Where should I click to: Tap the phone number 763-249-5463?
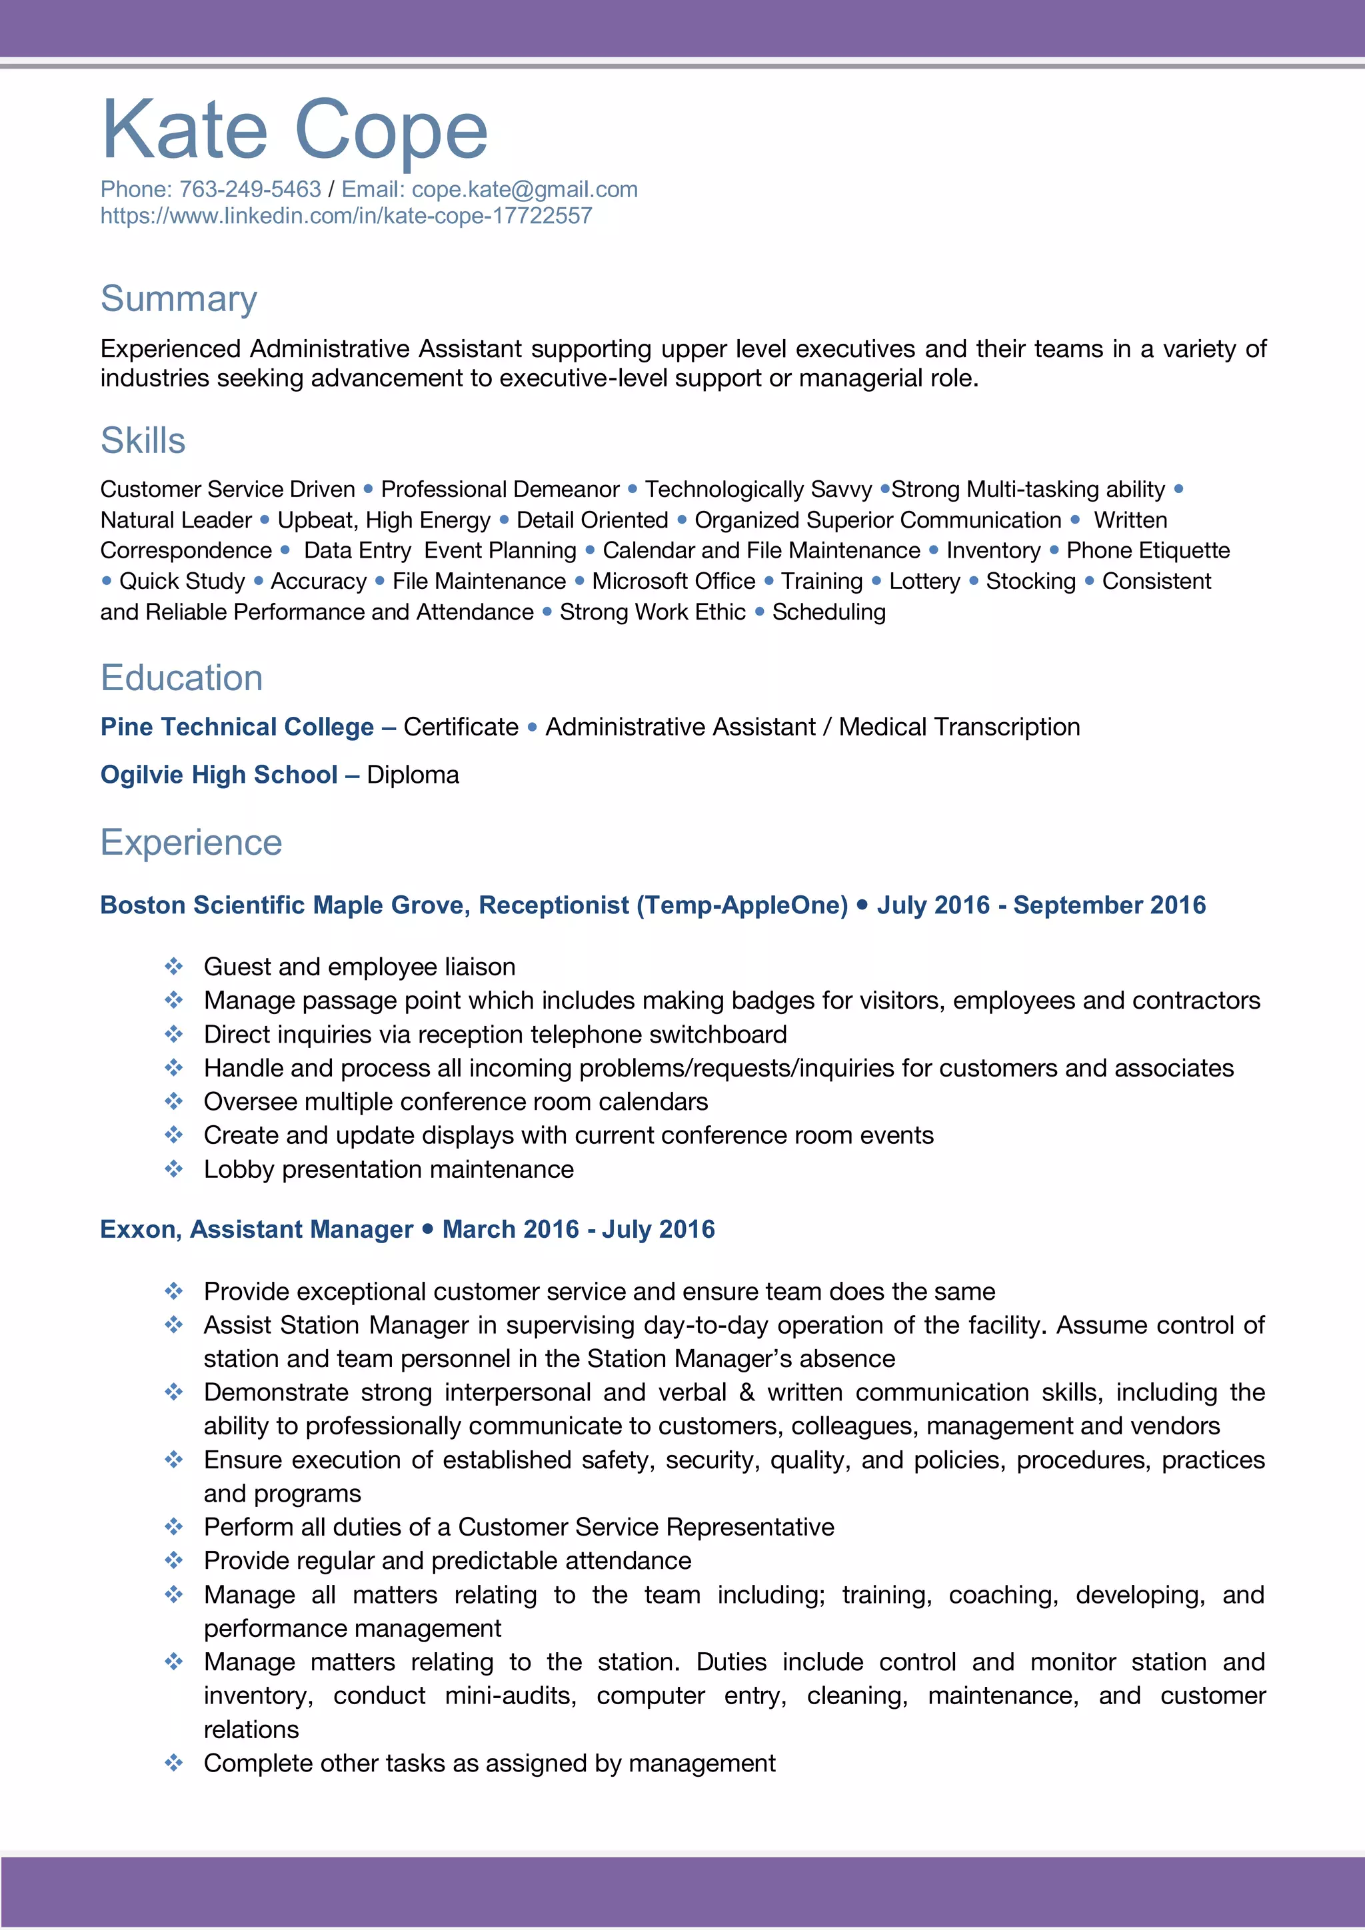(x=250, y=189)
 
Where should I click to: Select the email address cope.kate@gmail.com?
(x=524, y=189)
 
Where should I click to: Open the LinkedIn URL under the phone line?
(x=346, y=216)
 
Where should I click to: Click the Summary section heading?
(x=179, y=298)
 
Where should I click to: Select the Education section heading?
(x=182, y=678)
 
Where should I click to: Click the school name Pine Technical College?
(x=237, y=726)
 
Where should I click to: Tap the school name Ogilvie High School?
(x=219, y=774)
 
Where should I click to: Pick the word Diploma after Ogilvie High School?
(x=413, y=774)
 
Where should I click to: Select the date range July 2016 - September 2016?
(x=1041, y=905)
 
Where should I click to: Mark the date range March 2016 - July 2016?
(x=578, y=1229)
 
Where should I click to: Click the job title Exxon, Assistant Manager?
(x=257, y=1229)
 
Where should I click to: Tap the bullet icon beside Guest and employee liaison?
(x=173, y=966)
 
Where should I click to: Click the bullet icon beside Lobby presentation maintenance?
(x=173, y=1169)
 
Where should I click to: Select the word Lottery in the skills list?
(x=924, y=581)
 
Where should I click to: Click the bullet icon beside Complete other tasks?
(x=173, y=1763)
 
